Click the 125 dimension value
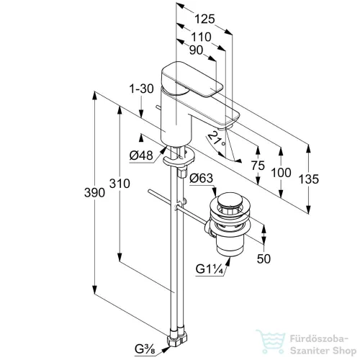[x=204, y=19]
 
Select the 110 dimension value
[x=201, y=37]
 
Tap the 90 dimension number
[x=196, y=50]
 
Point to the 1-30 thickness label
[x=142, y=89]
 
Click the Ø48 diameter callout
[x=141, y=156]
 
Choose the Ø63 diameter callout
[x=201, y=179]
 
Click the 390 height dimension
[x=94, y=193]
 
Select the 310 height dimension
[x=120, y=184]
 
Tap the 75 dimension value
[x=258, y=166]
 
